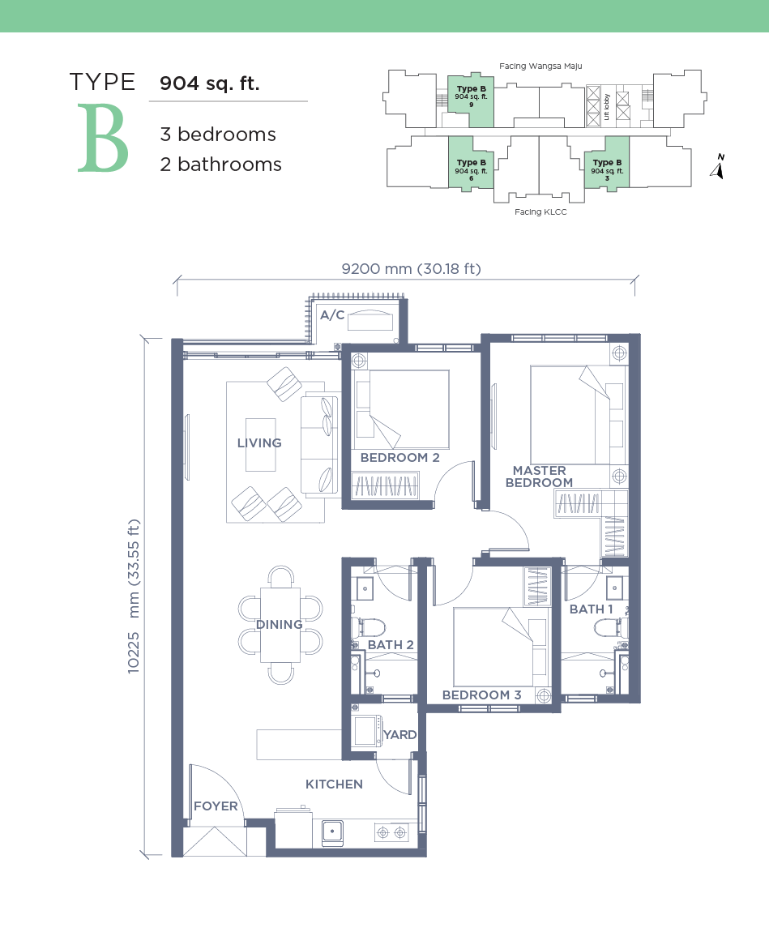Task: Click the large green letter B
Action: pyautogui.click(x=103, y=139)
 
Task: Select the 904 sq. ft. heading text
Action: pyautogui.click(x=210, y=83)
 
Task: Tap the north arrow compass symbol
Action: pyautogui.click(x=718, y=166)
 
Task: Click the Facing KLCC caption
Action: pyautogui.click(x=540, y=212)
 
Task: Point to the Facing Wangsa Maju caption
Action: pyautogui.click(x=540, y=66)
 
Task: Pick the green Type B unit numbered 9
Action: pyautogui.click(x=471, y=101)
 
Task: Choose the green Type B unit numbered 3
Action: pyautogui.click(x=607, y=163)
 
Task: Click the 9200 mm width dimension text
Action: pyautogui.click(x=412, y=269)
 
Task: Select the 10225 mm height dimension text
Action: pyautogui.click(x=134, y=596)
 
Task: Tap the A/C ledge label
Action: pyautogui.click(x=332, y=315)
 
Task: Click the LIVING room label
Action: pyautogui.click(x=259, y=442)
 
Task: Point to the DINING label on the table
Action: pyautogui.click(x=280, y=624)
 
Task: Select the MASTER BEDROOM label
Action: pyautogui.click(x=539, y=476)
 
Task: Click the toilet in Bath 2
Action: pyautogui.click(x=368, y=626)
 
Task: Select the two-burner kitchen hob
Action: pyautogui.click(x=391, y=833)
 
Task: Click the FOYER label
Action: pyautogui.click(x=216, y=806)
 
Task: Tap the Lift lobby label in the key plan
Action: pyautogui.click(x=607, y=107)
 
